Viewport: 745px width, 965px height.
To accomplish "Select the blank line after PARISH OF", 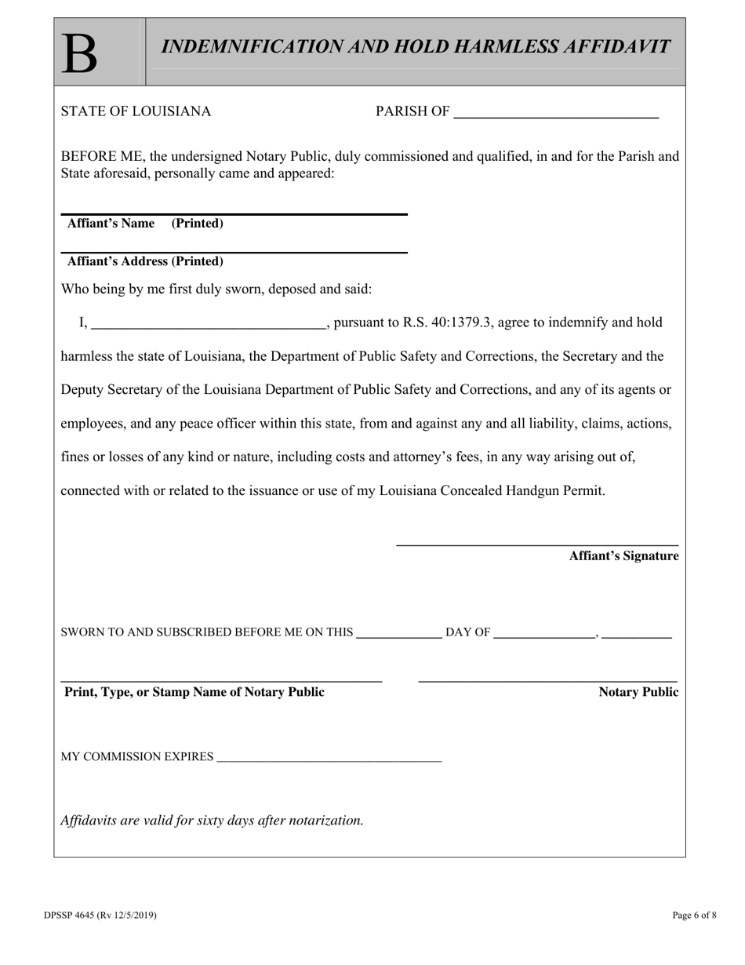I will point(556,115).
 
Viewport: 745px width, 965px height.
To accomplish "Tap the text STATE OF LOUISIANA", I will point(136,111).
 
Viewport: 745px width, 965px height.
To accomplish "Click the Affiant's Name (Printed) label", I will point(145,224).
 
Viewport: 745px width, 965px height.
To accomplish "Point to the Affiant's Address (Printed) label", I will point(145,261).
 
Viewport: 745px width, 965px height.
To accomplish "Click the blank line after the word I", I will point(209,324).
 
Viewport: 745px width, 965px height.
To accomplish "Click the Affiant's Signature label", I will point(623,556).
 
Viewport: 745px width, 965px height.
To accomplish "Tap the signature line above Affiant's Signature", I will point(537,544).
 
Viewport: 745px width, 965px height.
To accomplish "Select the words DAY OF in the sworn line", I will point(468,632).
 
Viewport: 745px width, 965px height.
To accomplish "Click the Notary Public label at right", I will point(638,692).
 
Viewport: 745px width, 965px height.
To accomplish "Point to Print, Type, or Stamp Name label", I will point(194,692).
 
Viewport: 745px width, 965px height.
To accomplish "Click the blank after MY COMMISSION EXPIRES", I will point(329,760).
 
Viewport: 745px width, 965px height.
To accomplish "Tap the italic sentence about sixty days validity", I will point(212,821).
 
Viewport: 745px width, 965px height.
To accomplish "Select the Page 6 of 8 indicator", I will point(694,915).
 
